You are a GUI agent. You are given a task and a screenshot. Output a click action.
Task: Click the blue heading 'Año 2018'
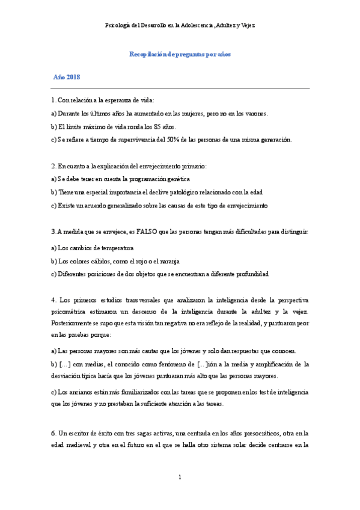[67, 78]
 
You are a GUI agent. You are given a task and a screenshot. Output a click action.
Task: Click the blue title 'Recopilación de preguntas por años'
[180, 54]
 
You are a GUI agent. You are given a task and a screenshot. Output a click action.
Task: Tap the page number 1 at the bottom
[180, 478]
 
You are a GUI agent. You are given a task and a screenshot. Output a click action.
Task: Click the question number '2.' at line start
[54, 165]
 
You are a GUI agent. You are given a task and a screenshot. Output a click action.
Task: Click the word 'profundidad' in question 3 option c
[251, 274]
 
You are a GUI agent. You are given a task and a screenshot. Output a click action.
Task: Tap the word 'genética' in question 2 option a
[177, 179]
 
